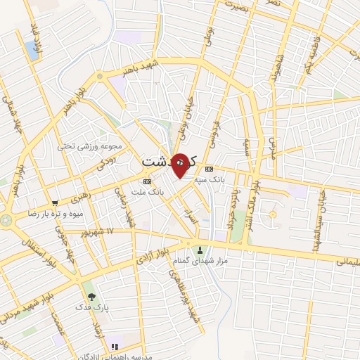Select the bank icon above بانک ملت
(146, 181)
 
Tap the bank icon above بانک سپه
(209, 169)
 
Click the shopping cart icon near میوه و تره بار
(55, 202)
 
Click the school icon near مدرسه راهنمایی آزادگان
(115, 346)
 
